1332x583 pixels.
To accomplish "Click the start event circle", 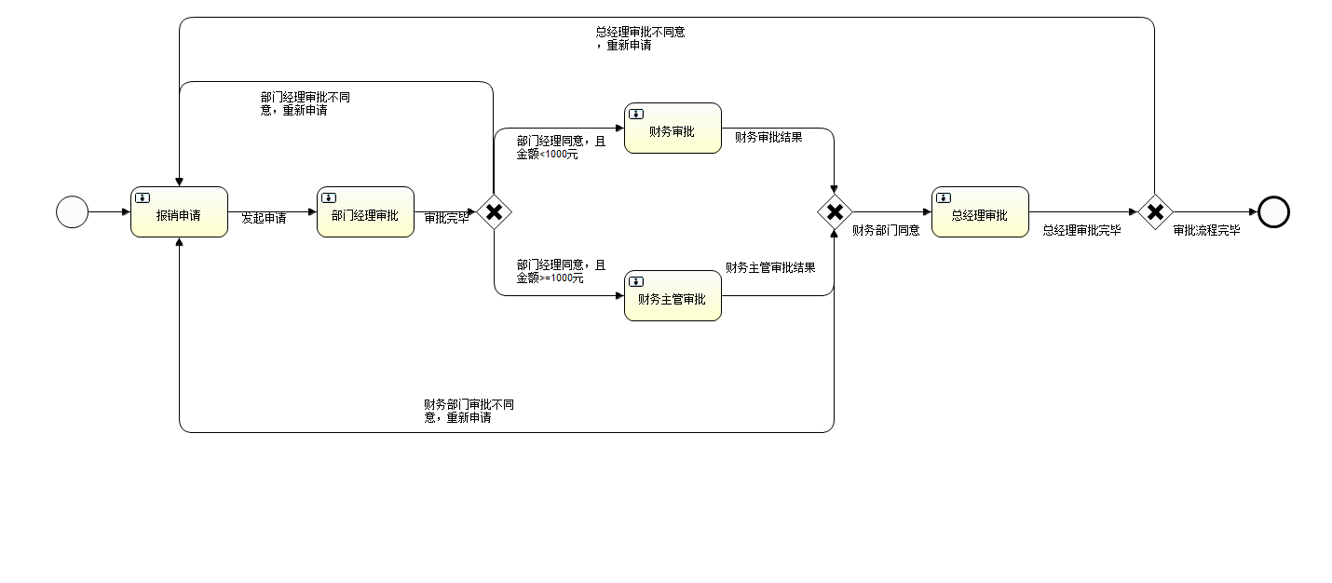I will (72, 212).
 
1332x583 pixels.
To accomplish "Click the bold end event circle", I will (1273, 212).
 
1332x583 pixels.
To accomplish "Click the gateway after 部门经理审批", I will (494, 212).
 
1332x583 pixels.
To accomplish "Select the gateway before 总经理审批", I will (835, 212).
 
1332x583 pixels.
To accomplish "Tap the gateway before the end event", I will (1155, 212).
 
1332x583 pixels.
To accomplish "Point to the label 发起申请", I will (264, 219).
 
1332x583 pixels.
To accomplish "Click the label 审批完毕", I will (447, 219).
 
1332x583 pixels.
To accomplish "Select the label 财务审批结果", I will (768, 138).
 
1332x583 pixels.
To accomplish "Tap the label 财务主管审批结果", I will (770, 268).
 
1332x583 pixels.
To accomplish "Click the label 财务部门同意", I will (886, 231).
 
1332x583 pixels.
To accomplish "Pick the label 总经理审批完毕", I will (1081, 231).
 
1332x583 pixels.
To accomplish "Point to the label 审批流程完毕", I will (1206, 231).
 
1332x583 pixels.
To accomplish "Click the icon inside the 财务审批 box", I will (636, 114).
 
